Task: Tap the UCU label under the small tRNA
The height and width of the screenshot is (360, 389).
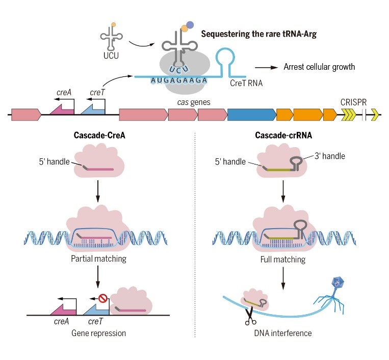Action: tap(110, 55)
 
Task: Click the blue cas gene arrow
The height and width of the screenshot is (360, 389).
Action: tap(250, 115)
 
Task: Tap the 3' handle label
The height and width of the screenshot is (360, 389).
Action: tap(328, 156)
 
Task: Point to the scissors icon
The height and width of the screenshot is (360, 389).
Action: tap(250, 319)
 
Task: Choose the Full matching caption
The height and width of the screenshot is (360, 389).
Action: tap(286, 259)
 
